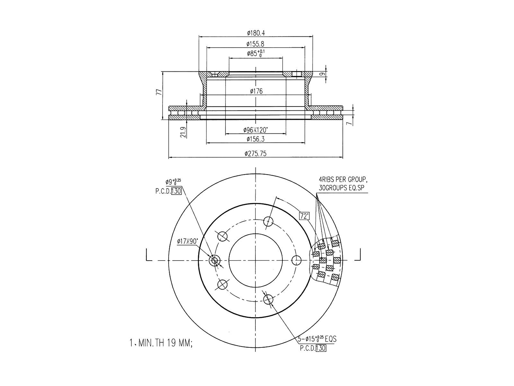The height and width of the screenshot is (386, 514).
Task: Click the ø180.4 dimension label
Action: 255,33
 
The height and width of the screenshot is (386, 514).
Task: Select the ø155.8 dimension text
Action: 255,44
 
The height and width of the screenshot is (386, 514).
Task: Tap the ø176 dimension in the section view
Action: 256,91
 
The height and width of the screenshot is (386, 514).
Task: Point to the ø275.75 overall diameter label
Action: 255,154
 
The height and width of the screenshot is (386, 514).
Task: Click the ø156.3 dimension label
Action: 255,139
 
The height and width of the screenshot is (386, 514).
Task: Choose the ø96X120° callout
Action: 255,130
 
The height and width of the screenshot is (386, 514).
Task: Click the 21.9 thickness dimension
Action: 183,132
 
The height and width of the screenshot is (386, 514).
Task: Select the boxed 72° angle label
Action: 304,216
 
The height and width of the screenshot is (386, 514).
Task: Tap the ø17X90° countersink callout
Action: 188,241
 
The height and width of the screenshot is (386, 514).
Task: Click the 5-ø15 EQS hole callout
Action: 316,339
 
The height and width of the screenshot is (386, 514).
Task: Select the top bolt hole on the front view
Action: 268,221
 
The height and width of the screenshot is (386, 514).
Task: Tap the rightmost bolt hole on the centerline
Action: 297,260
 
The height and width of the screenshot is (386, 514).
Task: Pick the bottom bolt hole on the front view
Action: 268,299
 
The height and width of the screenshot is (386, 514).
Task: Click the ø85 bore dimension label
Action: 255,53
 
